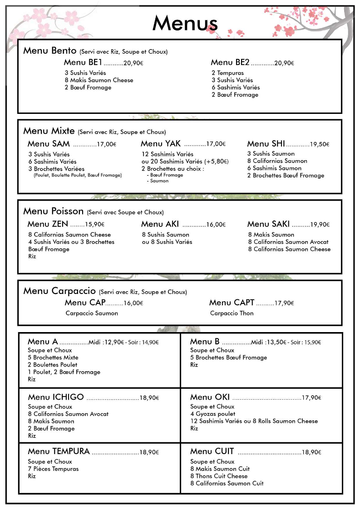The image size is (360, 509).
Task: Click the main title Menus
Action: (185, 23)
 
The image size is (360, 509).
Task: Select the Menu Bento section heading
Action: (50, 50)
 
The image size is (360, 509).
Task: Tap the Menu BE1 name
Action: (83, 63)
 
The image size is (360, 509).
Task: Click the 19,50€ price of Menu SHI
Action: (320, 144)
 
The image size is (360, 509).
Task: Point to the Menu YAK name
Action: (161, 144)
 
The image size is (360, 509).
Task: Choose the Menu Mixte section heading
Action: (49, 131)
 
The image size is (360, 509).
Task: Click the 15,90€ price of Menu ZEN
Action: (94, 224)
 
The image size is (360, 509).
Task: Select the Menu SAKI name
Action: (268, 224)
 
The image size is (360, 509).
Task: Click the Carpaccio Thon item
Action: (232, 313)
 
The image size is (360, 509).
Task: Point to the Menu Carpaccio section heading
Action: (59, 291)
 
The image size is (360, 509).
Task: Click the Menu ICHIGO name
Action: (56, 397)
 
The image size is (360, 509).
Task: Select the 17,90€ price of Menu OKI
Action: (311, 398)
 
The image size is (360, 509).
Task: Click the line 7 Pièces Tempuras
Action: (53, 469)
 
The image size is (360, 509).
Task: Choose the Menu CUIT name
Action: (212, 451)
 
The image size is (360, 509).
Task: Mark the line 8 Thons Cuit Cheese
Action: (219, 476)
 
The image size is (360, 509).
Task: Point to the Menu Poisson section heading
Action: (54, 211)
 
